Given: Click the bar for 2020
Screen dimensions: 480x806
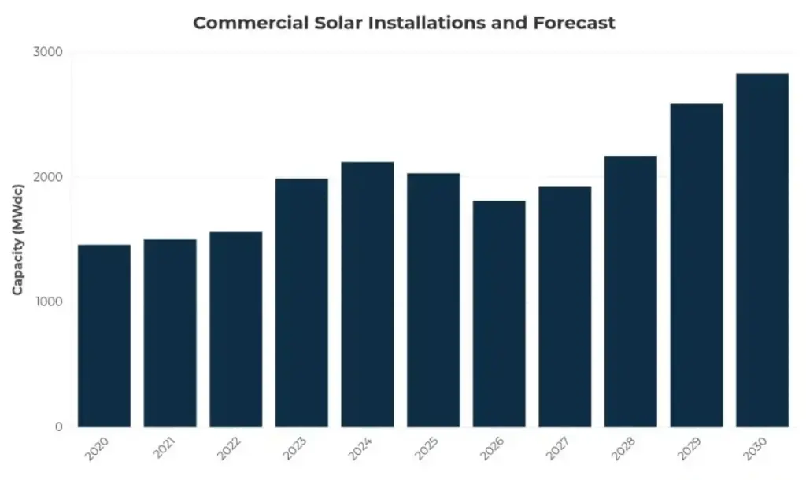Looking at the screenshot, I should pyautogui.click(x=104, y=336).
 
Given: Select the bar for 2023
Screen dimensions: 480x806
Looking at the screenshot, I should pyautogui.click(x=301, y=303).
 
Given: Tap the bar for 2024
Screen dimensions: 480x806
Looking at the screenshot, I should pyautogui.click(x=367, y=294).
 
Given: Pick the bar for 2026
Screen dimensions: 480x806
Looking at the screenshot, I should pyautogui.click(x=499, y=314).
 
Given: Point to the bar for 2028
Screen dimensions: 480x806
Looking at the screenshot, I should pyautogui.click(x=630, y=291).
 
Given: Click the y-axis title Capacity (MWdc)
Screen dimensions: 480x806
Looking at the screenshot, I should pyautogui.click(x=17, y=239).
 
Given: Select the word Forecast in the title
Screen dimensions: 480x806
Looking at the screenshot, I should pyautogui.click(x=573, y=23).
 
